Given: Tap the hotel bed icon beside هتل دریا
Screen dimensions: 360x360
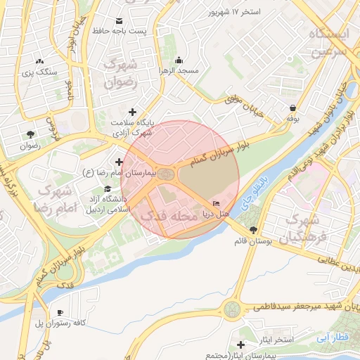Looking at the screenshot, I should (x=215, y=202).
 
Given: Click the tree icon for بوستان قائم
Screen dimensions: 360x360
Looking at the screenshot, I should (x=253, y=230).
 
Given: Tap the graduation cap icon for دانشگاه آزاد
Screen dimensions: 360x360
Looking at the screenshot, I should (x=108, y=189).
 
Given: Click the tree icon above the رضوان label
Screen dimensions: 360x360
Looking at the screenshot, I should (x=30, y=134).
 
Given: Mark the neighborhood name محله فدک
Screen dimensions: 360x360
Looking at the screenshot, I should (x=168, y=217).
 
